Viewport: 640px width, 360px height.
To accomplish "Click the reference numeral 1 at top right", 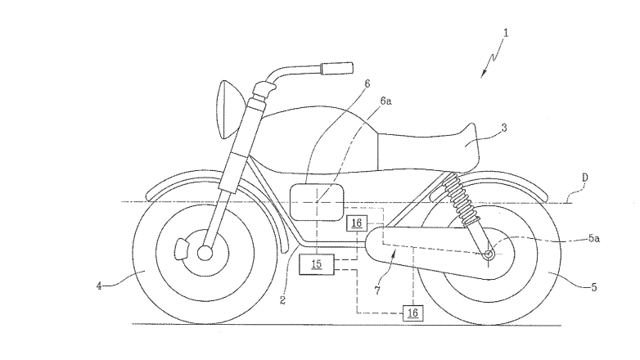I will (507, 34).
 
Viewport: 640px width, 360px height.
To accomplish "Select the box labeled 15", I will (316, 264).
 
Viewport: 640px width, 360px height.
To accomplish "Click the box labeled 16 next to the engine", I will (356, 223).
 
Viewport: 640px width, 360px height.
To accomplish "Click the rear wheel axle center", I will (489, 255).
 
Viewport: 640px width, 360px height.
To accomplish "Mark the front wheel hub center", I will (205, 253).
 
